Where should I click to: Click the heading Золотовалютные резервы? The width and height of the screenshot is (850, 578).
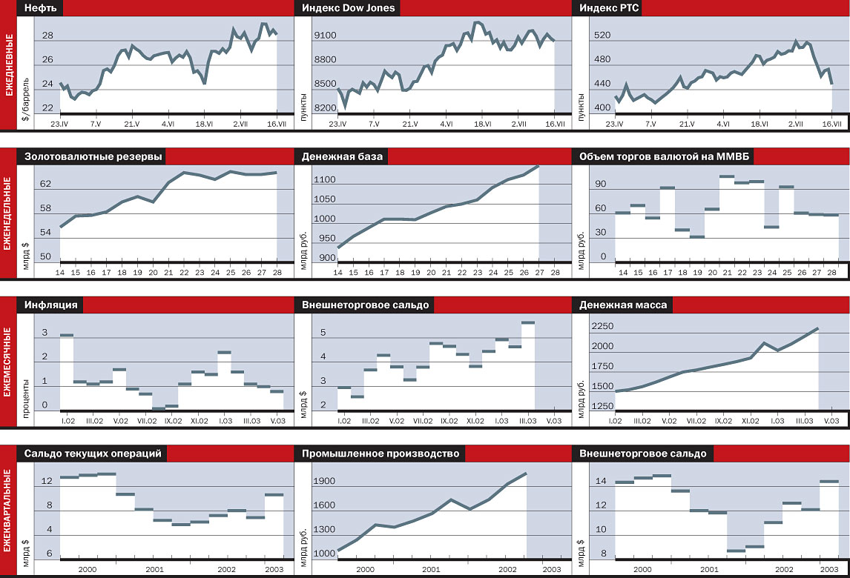(x=93, y=156)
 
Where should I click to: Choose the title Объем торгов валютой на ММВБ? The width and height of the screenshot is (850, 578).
(x=663, y=156)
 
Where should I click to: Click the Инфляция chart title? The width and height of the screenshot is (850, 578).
(x=52, y=305)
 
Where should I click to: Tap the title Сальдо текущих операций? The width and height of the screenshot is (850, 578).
(x=93, y=454)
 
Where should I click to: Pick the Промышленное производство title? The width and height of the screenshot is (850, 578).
(x=380, y=454)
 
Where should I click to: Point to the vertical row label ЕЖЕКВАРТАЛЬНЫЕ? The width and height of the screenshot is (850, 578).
(x=8, y=511)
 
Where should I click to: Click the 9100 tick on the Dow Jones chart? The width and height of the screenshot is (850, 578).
(x=325, y=36)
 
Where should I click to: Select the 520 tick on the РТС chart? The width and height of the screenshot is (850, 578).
(x=601, y=36)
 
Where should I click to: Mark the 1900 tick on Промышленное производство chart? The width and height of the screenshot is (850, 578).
(x=325, y=481)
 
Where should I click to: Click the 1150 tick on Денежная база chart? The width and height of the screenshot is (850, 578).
(x=325, y=180)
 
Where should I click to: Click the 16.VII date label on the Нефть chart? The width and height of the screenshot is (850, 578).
(x=276, y=124)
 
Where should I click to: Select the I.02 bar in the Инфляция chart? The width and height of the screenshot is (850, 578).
(x=67, y=336)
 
